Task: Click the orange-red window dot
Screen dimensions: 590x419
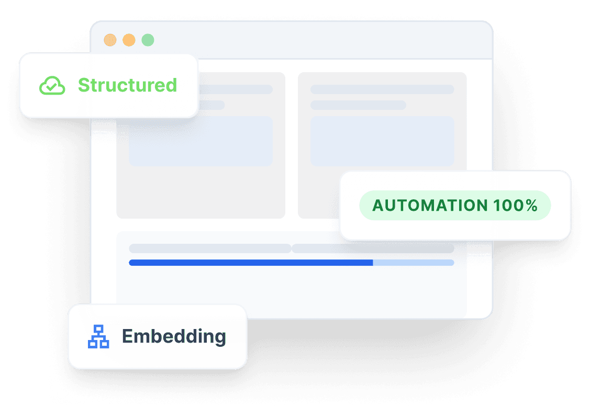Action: [110, 40]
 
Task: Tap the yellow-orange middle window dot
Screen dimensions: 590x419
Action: [129, 40]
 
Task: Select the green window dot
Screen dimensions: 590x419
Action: [148, 40]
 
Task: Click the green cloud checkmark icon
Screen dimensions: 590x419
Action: [52, 85]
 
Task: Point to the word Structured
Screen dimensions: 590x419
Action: [127, 85]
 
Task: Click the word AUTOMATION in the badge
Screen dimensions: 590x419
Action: [430, 206]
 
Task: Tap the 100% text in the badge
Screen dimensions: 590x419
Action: [516, 206]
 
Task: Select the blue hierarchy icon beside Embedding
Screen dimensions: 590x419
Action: [98, 336]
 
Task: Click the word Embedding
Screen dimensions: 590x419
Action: [174, 336]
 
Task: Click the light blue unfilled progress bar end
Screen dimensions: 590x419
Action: [414, 263]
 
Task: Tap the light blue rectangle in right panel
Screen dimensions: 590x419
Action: [382, 141]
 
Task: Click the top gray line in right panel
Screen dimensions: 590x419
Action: [382, 89]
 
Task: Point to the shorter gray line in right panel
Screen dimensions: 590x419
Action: [358, 105]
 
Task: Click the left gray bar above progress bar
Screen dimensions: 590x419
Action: [210, 248]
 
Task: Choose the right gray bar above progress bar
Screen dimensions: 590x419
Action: [373, 248]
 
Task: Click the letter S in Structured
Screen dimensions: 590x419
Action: [84, 85]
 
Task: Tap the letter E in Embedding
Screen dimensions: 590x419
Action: [127, 336]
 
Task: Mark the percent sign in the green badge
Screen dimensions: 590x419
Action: [532, 206]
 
